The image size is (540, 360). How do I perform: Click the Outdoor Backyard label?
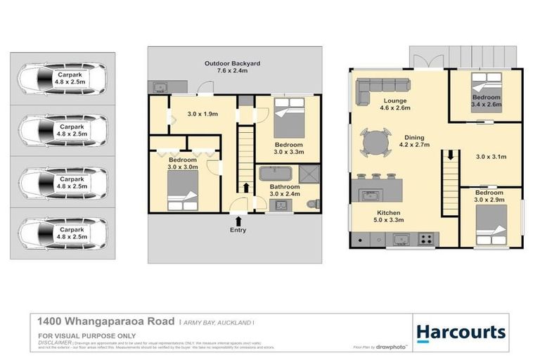232,67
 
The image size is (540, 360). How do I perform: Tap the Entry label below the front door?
238,230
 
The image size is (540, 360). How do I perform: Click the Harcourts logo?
461,332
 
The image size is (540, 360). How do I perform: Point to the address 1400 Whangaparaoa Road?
106,321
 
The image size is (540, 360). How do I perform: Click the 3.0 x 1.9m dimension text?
202,113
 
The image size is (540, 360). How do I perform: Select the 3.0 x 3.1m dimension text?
491,156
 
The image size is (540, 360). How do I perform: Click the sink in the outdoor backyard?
160,88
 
